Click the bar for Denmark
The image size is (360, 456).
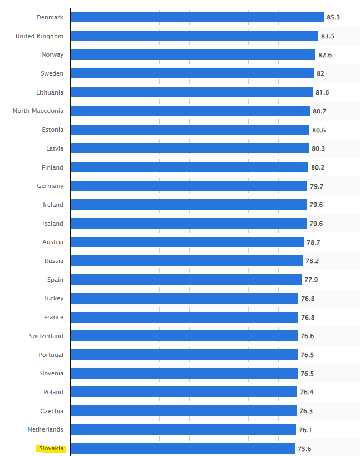197,17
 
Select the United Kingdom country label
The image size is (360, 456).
40,36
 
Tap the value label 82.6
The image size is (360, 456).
326,55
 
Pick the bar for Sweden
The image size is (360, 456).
192,73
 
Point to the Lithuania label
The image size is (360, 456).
50,92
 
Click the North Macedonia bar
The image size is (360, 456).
190,111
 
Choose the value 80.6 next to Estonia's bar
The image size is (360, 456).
319,130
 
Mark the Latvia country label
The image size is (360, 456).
55,148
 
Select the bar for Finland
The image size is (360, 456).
189,167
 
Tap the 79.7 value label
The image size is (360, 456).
317,186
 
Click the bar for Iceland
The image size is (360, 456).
189,224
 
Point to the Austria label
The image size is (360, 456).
53,242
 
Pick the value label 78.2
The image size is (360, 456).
312,261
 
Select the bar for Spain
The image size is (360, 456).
186,280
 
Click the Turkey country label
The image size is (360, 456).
53,298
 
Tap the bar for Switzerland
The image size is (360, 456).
184,336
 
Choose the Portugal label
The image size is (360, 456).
51,355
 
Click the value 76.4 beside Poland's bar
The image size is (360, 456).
307,392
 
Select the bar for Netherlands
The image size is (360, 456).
183,429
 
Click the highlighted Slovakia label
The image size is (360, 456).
51,448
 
